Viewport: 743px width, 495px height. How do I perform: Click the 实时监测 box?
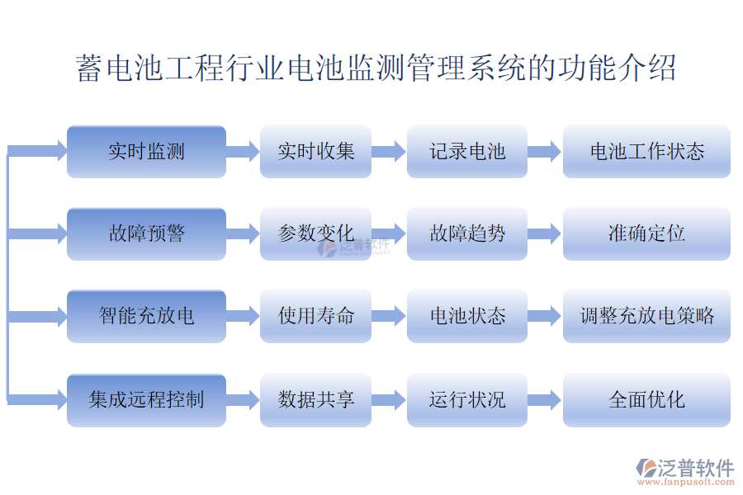tap(146, 152)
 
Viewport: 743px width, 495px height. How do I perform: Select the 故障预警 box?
tap(146, 233)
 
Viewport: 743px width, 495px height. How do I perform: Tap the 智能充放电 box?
tap(146, 316)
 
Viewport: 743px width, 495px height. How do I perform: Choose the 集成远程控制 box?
tap(146, 400)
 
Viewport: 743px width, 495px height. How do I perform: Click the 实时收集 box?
tap(315, 152)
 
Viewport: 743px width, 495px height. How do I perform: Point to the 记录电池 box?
tap(467, 152)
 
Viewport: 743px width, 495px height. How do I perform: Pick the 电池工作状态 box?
tap(646, 152)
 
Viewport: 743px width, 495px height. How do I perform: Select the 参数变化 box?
tap(315, 233)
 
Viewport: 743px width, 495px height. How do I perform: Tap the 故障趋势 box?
tap(467, 233)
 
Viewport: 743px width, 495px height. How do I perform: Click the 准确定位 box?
tap(646, 233)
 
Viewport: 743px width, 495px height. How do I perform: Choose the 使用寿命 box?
tap(315, 316)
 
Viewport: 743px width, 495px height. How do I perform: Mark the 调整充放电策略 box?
tap(646, 316)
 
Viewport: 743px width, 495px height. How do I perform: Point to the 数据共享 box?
tap(315, 400)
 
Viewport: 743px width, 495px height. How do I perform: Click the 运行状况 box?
tap(467, 400)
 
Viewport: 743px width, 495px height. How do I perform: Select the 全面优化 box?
tap(646, 400)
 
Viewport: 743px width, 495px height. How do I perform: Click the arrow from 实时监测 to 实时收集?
tap(243, 152)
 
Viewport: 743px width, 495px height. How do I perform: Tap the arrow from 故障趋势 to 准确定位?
tap(545, 233)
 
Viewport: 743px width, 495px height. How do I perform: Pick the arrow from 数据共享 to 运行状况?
tap(389, 400)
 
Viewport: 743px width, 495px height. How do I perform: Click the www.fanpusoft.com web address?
tap(686, 482)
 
